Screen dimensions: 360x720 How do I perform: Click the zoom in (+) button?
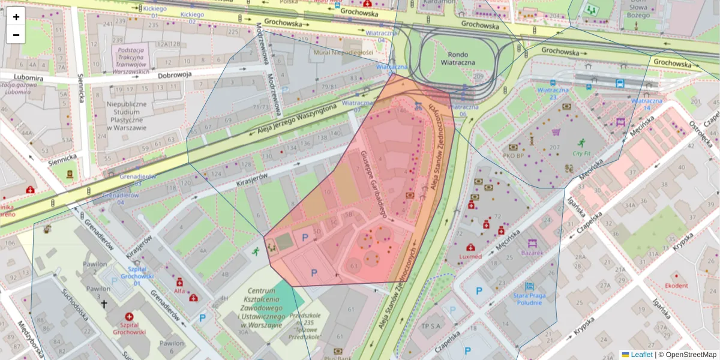pyautogui.click(x=16, y=17)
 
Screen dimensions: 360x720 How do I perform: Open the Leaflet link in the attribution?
pyautogui.click(x=637, y=355)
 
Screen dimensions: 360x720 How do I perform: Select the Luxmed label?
pyautogui.click(x=470, y=256)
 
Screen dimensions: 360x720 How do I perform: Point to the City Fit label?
pyautogui.click(x=581, y=153)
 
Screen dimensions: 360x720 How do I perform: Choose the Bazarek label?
pyautogui.click(x=532, y=253)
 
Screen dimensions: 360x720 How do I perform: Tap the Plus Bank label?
pyautogui.click(x=338, y=358)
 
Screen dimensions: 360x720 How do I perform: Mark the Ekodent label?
pyautogui.click(x=676, y=286)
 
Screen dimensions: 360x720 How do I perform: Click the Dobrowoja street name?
pyautogui.click(x=175, y=75)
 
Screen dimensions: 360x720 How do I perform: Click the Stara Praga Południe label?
pyautogui.click(x=529, y=298)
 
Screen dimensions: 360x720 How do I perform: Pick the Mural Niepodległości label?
pyautogui.click(x=340, y=52)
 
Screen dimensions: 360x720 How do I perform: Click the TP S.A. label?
pyautogui.click(x=431, y=326)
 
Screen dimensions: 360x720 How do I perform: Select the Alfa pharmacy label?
pyautogui.click(x=179, y=290)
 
